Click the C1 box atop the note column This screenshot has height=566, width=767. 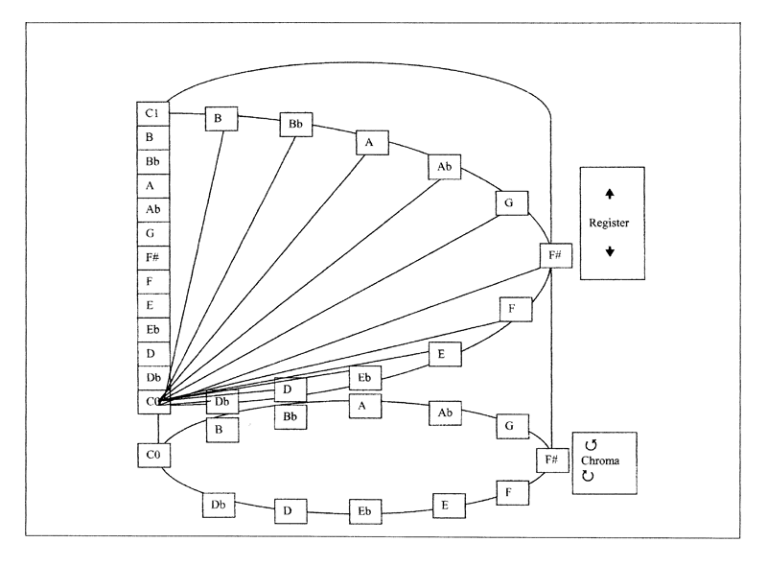[153, 113]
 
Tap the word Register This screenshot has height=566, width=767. [609, 223]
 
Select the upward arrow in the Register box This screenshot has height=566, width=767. [610, 194]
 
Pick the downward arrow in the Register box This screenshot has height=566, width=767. [610, 251]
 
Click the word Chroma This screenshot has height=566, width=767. [600, 460]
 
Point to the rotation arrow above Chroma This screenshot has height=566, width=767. [591, 445]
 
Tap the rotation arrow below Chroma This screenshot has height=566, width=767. [588, 476]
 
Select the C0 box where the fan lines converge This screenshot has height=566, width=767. [153, 402]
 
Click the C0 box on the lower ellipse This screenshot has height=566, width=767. [153, 456]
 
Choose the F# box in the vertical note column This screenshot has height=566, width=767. [153, 257]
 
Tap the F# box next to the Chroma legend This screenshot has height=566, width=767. [553, 460]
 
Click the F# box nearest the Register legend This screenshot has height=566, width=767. [556, 255]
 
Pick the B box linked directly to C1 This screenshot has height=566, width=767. [221, 119]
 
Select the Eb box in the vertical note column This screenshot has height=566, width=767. [153, 329]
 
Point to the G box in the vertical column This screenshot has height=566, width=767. [153, 233]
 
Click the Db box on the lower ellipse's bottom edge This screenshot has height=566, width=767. [219, 505]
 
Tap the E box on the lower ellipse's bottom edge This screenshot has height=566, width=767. [449, 506]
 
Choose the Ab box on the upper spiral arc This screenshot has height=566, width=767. [445, 167]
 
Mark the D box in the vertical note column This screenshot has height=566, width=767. [153, 353]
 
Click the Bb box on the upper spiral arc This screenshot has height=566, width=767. [296, 125]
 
